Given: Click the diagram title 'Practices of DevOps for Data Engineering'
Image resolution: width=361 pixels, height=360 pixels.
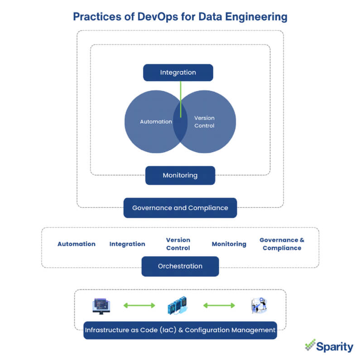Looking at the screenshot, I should click(180, 17).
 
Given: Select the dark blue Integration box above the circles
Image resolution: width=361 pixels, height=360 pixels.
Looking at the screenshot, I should click(178, 72).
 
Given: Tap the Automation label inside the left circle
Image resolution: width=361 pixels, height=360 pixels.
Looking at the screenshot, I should click(156, 121).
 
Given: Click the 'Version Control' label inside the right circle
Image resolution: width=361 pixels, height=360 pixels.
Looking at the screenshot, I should click(204, 121).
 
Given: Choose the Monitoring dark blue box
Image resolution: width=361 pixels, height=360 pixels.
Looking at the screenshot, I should click(180, 175).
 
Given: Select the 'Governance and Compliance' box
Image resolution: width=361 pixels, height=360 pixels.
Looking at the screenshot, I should click(180, 208).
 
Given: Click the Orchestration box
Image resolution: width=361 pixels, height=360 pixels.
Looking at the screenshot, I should click(180, 266).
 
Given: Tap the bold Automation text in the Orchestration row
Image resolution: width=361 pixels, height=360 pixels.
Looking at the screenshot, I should click(76, 244).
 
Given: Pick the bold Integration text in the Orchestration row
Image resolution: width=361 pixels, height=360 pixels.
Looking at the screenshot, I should click(127, 244).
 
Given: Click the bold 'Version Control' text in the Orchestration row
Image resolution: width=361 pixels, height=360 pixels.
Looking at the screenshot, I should click(178, 244).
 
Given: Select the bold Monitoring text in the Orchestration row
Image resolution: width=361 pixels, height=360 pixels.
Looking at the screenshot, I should click(229, 244).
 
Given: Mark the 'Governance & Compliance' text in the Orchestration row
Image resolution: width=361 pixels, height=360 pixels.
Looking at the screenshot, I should click(282, 244).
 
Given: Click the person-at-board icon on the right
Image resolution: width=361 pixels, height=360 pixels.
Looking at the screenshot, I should click(259, 306).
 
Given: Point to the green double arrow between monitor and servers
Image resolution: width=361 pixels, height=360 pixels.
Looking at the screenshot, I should click(139, 306).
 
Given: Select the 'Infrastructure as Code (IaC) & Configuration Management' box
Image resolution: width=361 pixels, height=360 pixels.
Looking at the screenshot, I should click(180, 330).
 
